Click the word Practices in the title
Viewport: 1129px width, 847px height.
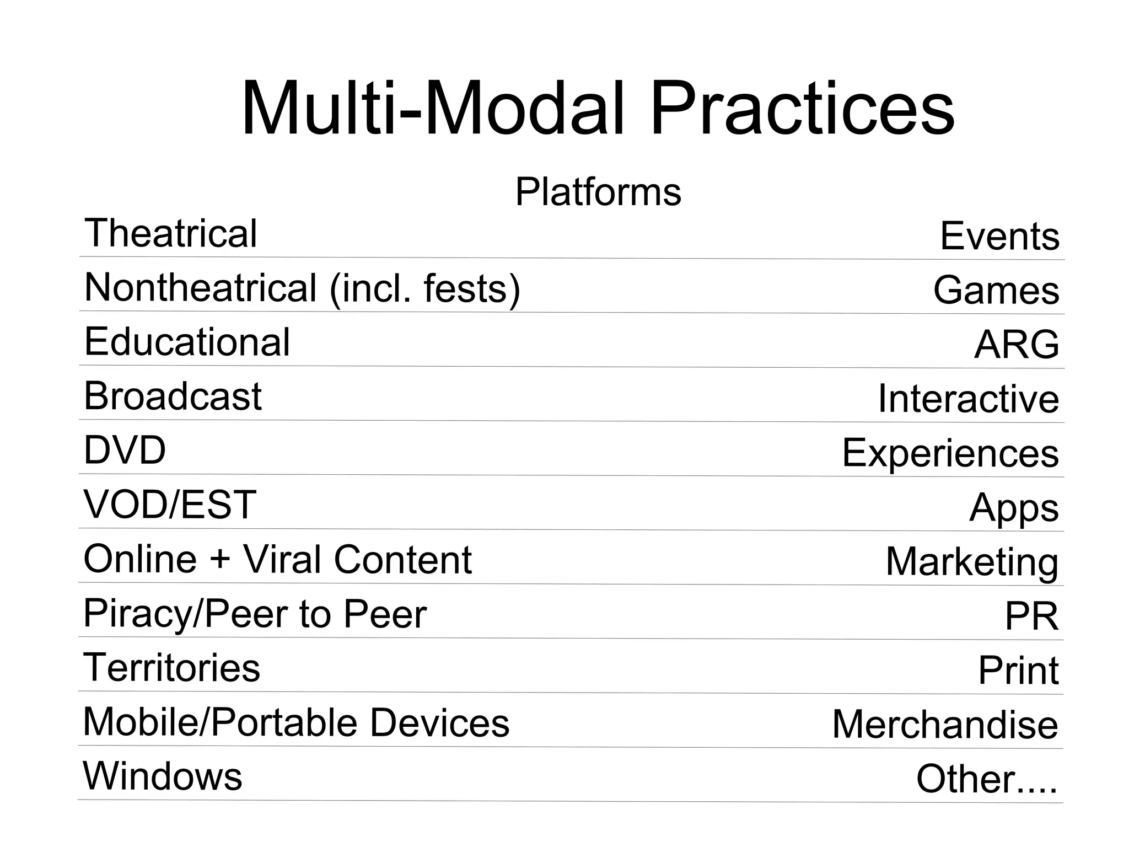point(802,109)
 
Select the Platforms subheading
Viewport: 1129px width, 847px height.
point(598,192)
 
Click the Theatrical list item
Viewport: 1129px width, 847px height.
point(171,233)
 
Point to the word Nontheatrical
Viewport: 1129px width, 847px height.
point(201,288)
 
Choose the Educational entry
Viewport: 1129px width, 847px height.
point(187,342)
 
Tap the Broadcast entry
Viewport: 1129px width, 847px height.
point(173,396)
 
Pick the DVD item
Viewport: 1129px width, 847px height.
point(125,450)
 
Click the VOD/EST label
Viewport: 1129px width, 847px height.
point(170,504)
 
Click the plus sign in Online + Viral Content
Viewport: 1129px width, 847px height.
point(219,559)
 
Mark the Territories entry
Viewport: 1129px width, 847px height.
point(171,667)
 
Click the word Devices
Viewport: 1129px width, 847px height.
point(439,722)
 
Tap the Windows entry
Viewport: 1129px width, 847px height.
point(163,776)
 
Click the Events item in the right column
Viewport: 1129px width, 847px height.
point(999,236)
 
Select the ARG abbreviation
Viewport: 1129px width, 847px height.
point(1017,345)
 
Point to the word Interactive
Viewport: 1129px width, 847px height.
point(968,399)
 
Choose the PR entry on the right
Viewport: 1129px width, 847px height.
point(1031,616)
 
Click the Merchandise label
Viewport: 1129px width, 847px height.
point(945,724)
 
